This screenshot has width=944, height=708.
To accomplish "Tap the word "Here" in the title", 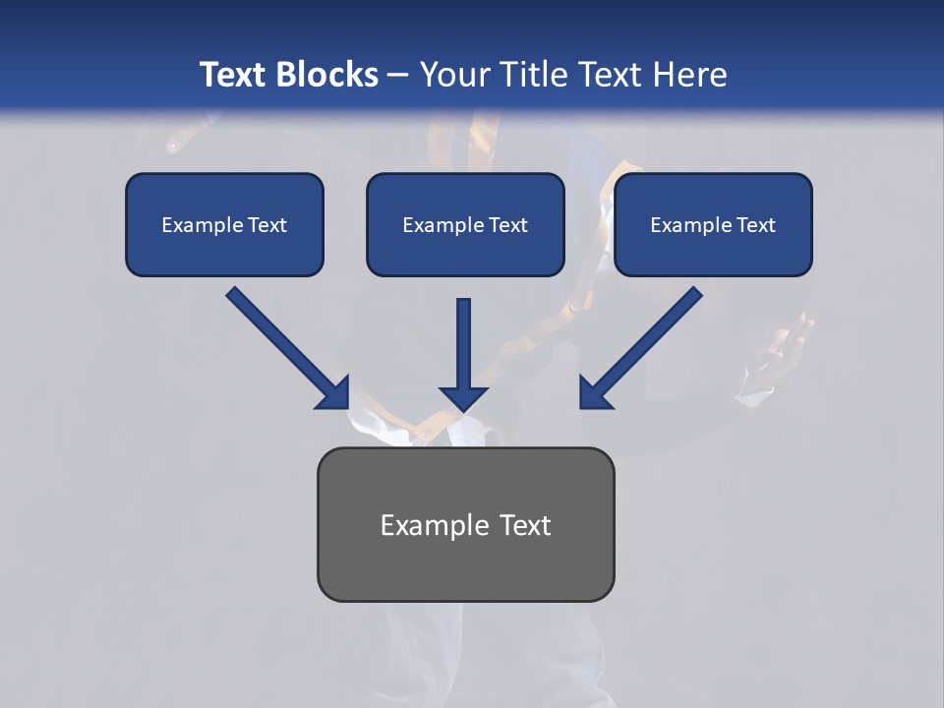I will (x=691, y=75).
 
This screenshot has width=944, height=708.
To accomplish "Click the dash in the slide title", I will (x=398, y=76).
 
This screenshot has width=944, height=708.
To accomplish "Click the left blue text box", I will (x=224, y=224).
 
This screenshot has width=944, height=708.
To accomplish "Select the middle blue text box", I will (x=465, y=224).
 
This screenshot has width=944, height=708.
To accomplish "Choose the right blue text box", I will (x=713, y=224).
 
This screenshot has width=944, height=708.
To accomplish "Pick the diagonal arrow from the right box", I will (x=644, y=344).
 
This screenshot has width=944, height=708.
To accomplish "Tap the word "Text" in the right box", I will (x=755, y=224).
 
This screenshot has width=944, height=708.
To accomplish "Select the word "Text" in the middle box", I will (x=507, y=224).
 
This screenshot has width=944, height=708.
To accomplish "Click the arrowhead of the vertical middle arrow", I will (x=463, y=397).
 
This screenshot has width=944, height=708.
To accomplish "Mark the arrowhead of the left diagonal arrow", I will (x=334, y=393).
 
